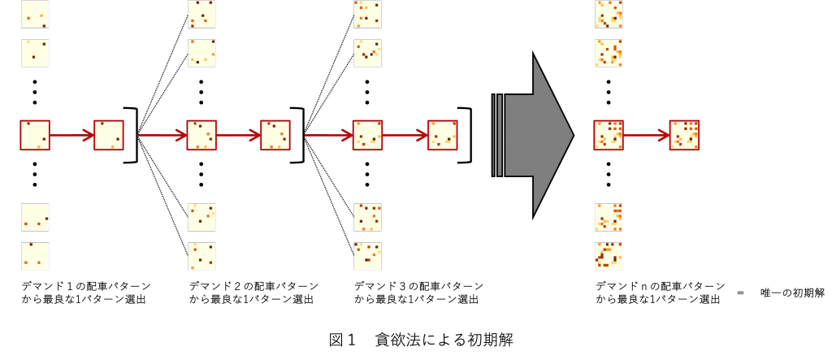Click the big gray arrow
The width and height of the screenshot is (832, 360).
pos(536,135)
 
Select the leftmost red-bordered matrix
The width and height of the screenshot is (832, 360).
pos(35,135)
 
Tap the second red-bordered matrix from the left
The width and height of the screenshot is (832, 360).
pos(109,135)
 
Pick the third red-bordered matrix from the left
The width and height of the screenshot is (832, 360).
pos(201,135)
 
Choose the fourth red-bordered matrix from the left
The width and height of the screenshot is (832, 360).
pos(275,135)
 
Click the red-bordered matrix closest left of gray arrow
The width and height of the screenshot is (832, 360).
pos(443,135)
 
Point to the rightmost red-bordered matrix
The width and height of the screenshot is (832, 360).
pos(684,135)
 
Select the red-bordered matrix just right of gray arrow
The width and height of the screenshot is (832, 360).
pos(609,135)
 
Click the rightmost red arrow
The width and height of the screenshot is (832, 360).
pos(647,135)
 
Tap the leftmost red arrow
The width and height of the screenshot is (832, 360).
pos(71,135)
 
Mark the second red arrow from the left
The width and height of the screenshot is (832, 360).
pos(162,135)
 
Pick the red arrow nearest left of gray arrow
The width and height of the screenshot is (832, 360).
pos(405,135)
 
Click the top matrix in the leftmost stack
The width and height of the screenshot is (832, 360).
pos(35,14)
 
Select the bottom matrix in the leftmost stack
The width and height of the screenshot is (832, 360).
pos(35,256)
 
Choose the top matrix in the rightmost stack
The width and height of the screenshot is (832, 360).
pos(609,14)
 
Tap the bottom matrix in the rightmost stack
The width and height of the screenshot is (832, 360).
pos(609,256)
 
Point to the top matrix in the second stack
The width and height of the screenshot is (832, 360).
pos(201,14)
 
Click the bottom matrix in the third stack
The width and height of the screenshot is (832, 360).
pos(367,256)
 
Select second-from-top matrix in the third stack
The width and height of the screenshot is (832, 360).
pos(367,53)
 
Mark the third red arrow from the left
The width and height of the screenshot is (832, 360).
pos(238,135)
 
